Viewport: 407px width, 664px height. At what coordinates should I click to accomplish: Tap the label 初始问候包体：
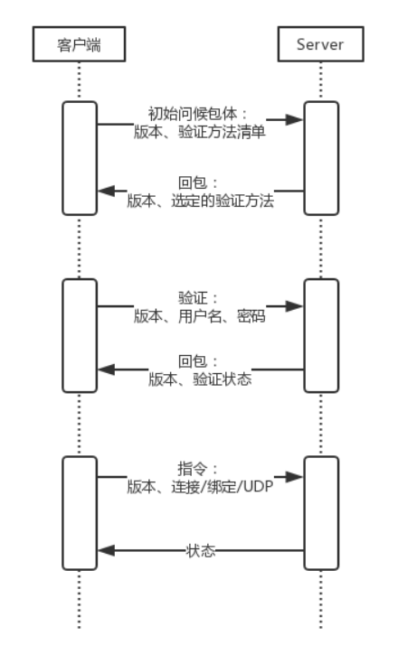coord(197,114)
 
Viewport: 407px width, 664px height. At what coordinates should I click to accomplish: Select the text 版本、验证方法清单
coord(200,132)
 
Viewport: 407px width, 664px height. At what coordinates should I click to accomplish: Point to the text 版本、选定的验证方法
coord(201,201)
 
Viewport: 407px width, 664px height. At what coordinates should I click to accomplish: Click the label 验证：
coord(198,298)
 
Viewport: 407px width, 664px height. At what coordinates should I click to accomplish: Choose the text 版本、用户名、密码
coord(200,316)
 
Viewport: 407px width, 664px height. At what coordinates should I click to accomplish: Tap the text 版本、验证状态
coord(200,379)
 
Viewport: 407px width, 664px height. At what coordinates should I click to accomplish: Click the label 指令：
coord(198,469)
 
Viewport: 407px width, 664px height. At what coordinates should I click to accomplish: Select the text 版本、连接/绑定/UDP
coord(200,487)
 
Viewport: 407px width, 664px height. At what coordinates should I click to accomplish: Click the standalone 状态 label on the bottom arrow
coord(201,551)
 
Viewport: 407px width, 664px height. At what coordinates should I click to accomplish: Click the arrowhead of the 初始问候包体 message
coord(294,120)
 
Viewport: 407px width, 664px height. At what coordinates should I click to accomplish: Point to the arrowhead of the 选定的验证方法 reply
coord(107,191)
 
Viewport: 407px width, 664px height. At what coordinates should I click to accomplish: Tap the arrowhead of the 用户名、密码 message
coord(294,306)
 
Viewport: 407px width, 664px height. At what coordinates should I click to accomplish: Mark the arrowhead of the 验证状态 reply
coord(107,369)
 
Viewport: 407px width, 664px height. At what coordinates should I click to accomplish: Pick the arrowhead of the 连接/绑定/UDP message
coord(294,477)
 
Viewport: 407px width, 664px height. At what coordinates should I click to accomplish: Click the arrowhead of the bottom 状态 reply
coord(107,550)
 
